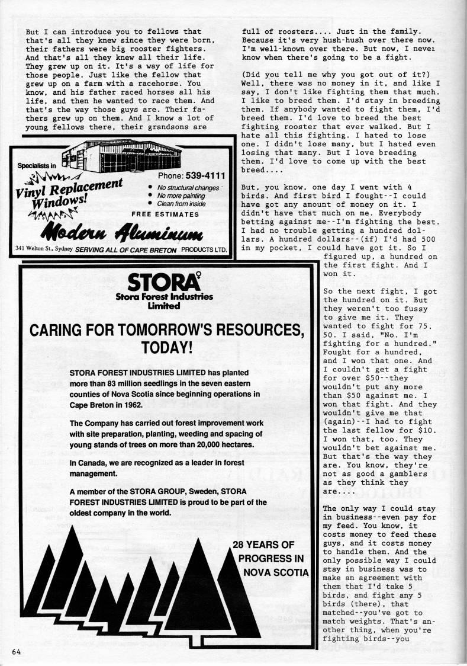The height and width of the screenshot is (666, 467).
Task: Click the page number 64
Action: [15, 652]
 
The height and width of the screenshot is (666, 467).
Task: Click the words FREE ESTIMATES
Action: [165, 213]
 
